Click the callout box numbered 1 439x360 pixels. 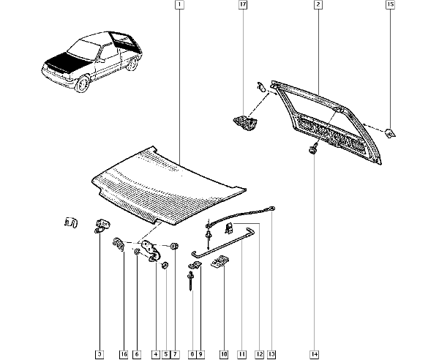pyautogui.click(x=179, y=5)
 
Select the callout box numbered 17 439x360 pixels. pyautogui.click(x=243, y=5)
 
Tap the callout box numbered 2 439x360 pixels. pyautogui.click(x=318, y=5)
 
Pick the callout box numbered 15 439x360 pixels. pyautogui.click(x=390, y=5)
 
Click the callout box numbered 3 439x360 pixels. pyautogui.click(x=100, y=354)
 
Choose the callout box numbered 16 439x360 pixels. pyautogui.click(x=124, y=354)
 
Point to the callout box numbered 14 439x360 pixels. pyautogui.click(x=315, y=354)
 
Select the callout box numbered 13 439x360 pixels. pyautogui.click(x=271, y=354)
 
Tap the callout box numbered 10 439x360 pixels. pyautogui.click(x=224, y=354)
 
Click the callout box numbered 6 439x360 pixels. pyautogui.click(x=137, y=354)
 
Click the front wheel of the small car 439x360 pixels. pyautogui.click(x=82, y=84)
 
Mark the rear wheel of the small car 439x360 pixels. pyautogui.click(x=132, y=64)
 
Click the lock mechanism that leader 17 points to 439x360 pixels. pyautogui.click(x=245, y=123)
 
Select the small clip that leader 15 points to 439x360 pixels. pyautogui.click(x=390, y=133)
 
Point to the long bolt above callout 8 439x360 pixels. pyautogui.click(x=191, y=281)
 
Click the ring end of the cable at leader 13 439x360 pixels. pyautogui.click(x=272, y=209)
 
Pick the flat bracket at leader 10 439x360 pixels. pyautogui.click(x=220, y=262)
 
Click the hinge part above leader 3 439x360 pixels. pyautogui.click(x=102, y=226)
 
